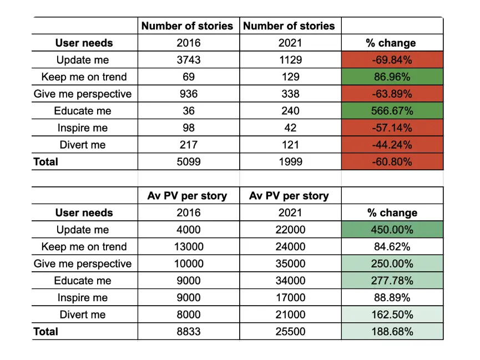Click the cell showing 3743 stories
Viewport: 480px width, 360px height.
pos(188,60)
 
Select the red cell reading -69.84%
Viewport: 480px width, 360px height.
pos(392,60)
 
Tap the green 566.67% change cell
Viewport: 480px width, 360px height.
pos(392,111)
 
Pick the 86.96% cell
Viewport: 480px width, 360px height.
pos(392,77)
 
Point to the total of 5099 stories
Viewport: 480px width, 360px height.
pos(188,162)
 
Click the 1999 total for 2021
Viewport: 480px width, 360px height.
pos(290,162)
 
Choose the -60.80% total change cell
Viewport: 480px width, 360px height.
pos(392,162)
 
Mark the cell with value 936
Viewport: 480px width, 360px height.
pos(188,94)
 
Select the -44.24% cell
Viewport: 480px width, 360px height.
pos(392,145)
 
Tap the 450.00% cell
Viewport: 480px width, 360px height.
pos(392,230)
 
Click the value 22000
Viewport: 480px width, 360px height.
pos(290,230)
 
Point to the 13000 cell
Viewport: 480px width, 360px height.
pos(188,247)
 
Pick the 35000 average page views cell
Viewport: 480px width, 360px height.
pos(290,263)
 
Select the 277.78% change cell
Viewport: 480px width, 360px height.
pos(392,281)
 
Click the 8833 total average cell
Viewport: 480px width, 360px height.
pos(188,332)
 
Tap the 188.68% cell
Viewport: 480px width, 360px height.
pos(392,332)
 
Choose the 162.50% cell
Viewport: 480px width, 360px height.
pos(392,315)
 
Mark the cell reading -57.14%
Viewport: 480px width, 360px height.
pos(392,128)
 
